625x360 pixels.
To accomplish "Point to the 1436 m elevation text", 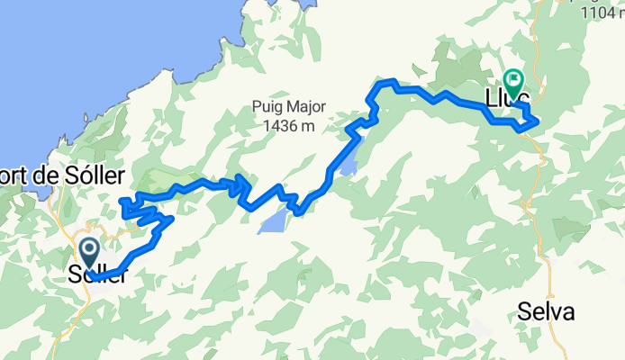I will [284, 126].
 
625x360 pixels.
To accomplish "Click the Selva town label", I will [547, 312].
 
